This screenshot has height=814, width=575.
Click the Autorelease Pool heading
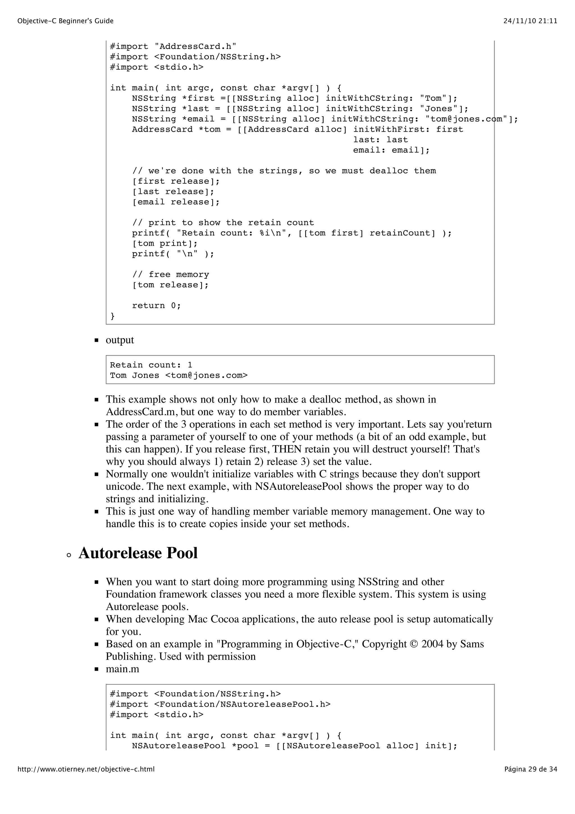coord(138,553)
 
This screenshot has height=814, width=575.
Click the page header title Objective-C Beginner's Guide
coord(65,21)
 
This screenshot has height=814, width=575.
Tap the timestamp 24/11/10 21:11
coord(530,21)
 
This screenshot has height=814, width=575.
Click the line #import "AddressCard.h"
coord(173,46)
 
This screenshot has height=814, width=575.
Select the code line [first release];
coord(176,181)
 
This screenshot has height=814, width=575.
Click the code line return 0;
coord(156,306)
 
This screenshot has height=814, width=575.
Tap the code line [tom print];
coord(165,244)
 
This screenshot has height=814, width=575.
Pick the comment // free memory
coord(170,274)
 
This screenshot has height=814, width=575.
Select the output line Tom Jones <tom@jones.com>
coord(179,375)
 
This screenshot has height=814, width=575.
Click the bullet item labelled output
coord(120,340)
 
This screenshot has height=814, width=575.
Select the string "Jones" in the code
coord(439,109)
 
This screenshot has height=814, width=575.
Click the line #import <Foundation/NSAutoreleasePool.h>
coord(220,704)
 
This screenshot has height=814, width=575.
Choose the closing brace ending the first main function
coord(113,316)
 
